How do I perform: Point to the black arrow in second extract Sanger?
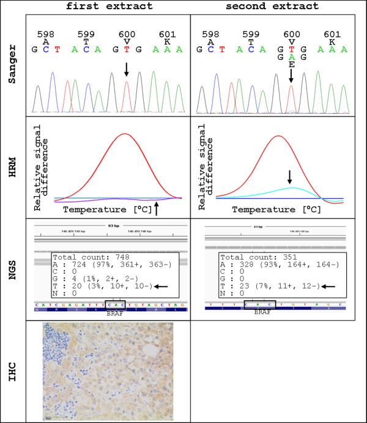tap(292, 76)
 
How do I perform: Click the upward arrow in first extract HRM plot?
tap(157, 209)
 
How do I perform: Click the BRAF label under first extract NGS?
tap(116, 311)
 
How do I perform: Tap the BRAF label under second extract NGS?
tap(260, 311)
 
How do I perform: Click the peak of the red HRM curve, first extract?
tap(125, 133)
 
